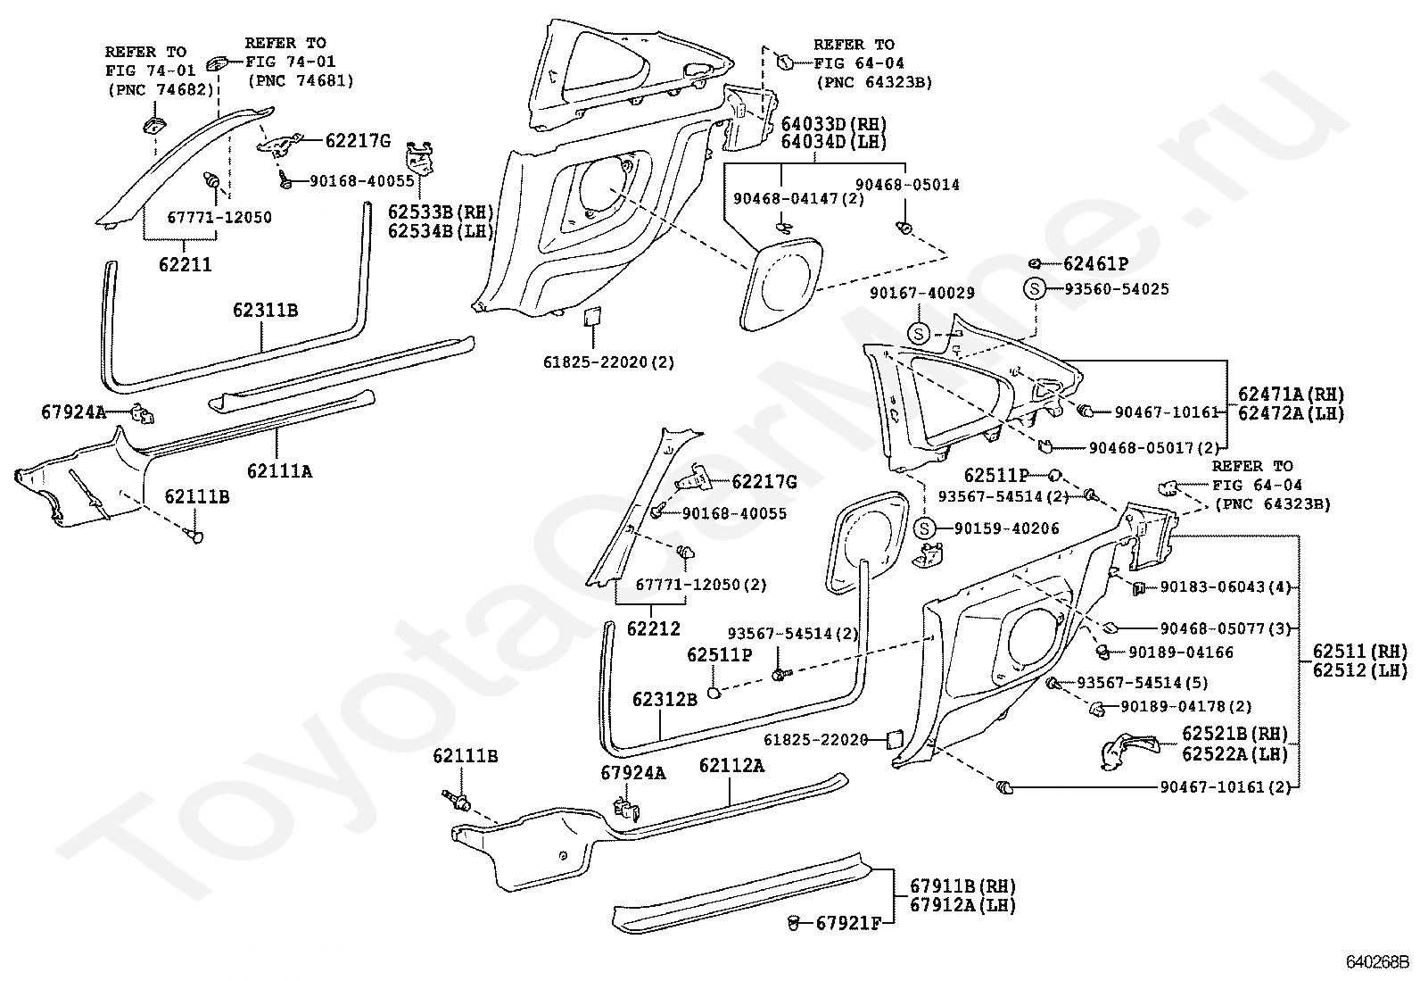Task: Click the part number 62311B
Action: tap(265, 311)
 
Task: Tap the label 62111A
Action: tap(279, 471)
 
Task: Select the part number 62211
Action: tap(186, 264)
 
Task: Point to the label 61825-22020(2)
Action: tap(608, 362)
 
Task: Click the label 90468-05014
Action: tap(907, 185)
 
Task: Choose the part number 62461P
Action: tap(1095, 263)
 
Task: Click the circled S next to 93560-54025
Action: tap(1035, 289)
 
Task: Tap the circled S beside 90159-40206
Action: tap(925, 528)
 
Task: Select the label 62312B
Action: tap(665, 699)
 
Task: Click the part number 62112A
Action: tap(731, 766)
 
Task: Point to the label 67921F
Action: tap(848, 923)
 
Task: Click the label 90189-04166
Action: tap(1181, 653)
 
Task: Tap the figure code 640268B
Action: tap(1377, 962)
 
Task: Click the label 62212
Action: tap(654, 628)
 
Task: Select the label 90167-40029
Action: tap(921, 293)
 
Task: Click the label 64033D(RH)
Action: tap(833, 123)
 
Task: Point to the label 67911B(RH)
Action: tap(962, 885)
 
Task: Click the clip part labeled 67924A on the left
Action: tap(143, 413)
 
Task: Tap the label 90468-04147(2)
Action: tap(799, 199)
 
